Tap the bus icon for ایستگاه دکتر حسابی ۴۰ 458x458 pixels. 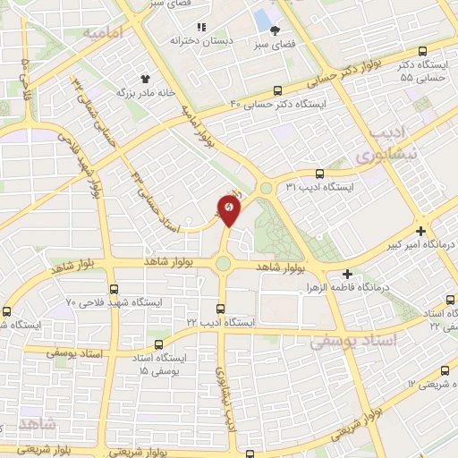click(278, 90)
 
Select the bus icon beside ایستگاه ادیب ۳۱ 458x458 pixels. click(319, 174)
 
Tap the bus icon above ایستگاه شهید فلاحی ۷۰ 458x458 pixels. click(113, 289)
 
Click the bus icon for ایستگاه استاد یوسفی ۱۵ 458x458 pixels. click(159, 344)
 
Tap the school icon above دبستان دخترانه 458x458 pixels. click(201, 28)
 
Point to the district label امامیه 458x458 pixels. click(101, 34)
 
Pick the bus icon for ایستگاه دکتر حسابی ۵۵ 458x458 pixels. click(422, 52)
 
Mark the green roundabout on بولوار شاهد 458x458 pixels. click(223, 264)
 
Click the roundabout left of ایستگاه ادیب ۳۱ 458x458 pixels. click(266, 188)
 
